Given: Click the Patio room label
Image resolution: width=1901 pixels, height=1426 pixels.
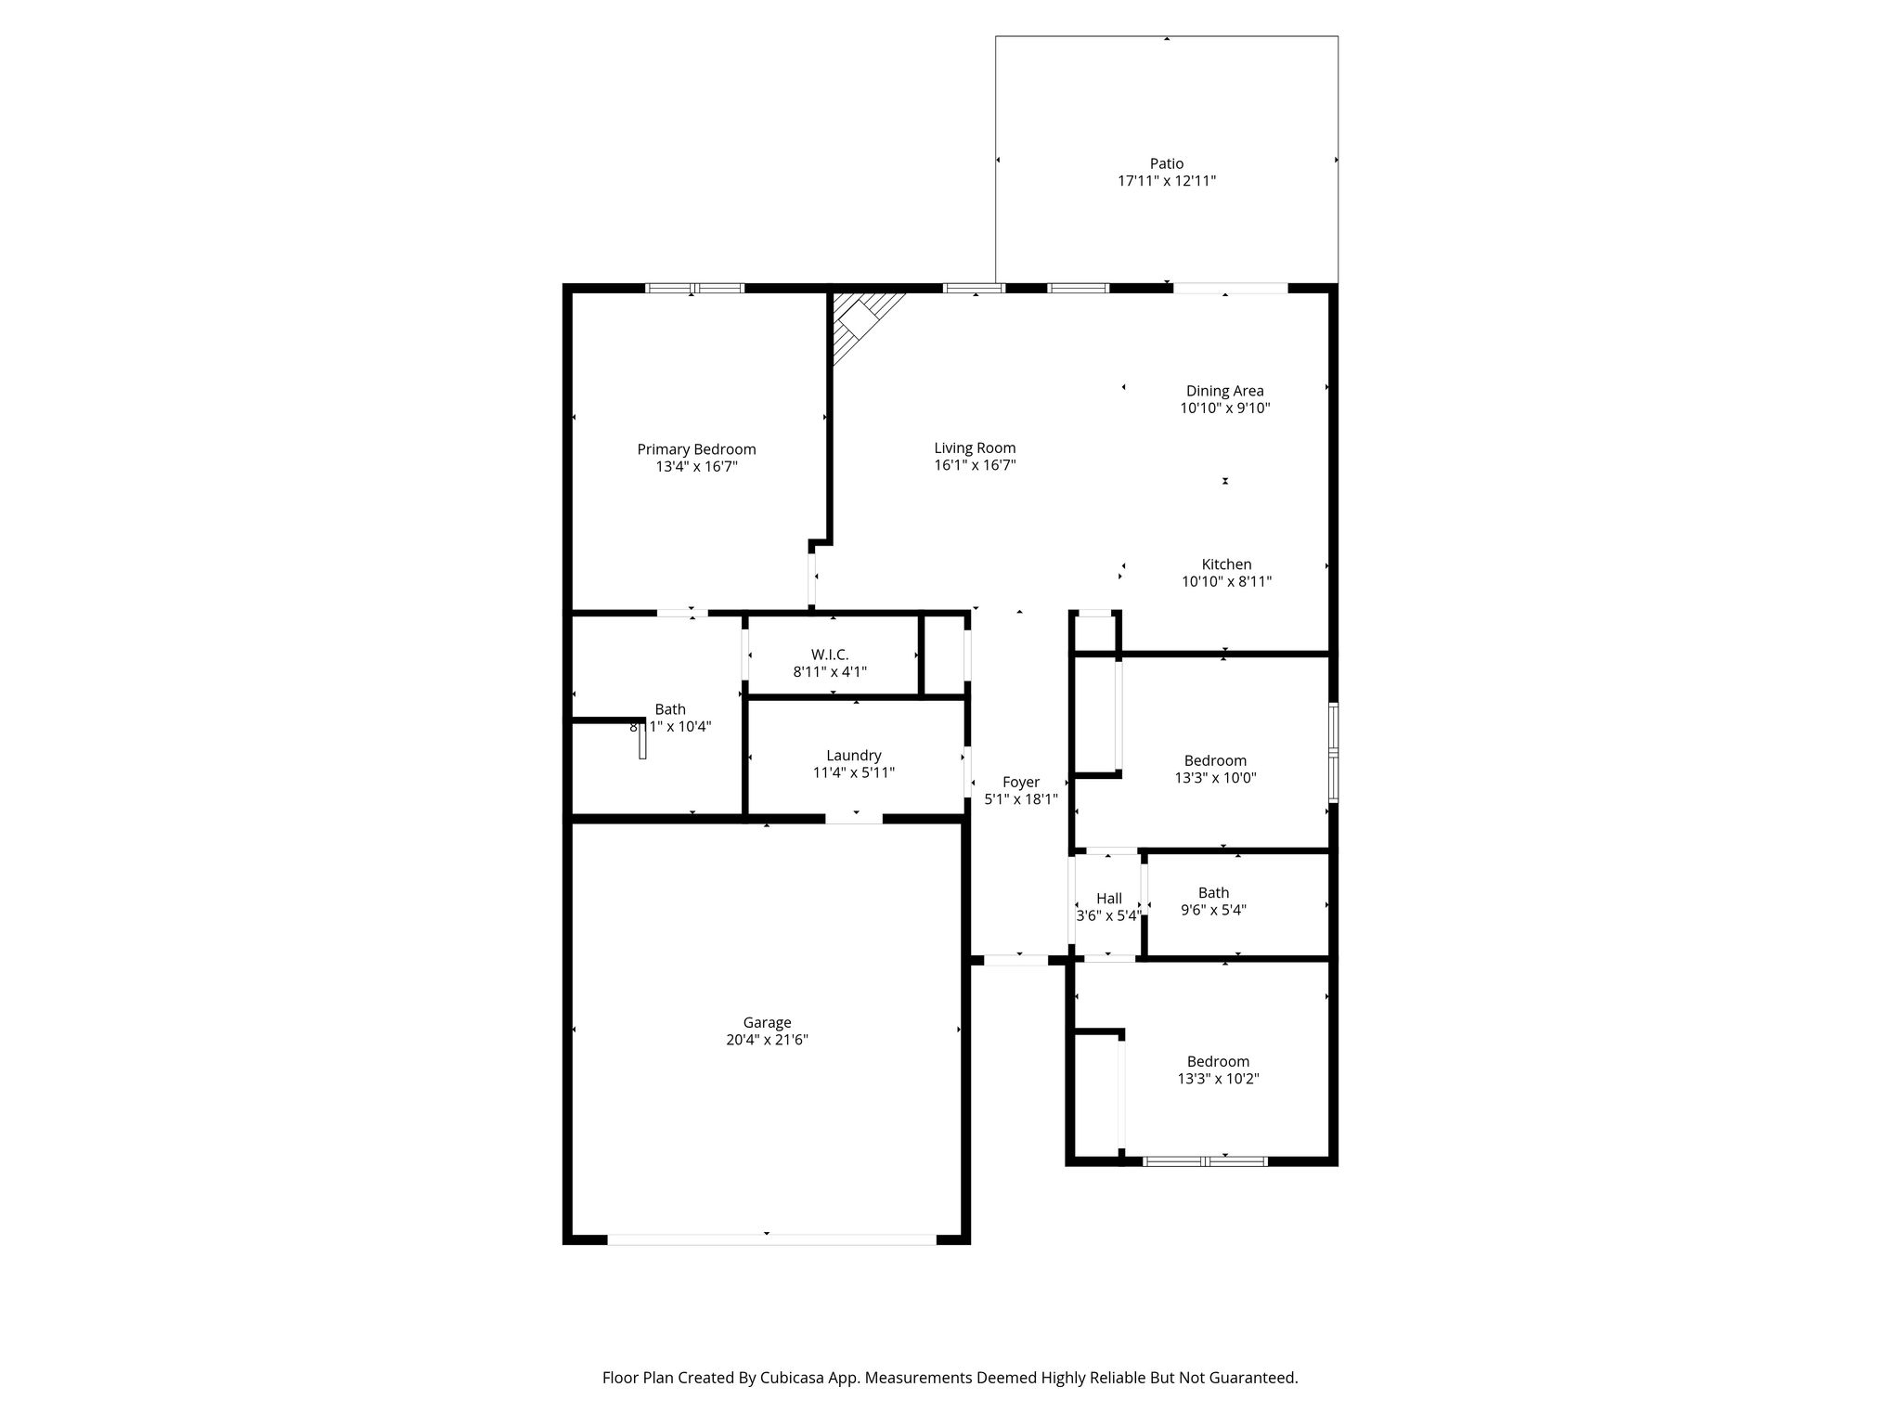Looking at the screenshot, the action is (1167, 163).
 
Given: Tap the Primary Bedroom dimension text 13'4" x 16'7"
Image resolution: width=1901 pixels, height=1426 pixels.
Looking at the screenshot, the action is (696, 466).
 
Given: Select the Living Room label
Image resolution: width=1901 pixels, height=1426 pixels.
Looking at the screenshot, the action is (975, 447).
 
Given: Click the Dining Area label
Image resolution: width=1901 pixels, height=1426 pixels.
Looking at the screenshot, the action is (1224, 391).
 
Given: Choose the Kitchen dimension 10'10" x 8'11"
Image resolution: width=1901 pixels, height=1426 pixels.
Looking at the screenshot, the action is (1226, 581).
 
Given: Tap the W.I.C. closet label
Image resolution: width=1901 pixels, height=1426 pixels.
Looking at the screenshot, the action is (830, 655).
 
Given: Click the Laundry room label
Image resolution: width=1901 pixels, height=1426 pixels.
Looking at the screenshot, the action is (854, 756).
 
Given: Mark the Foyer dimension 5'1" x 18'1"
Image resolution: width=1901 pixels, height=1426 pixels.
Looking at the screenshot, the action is (1021, 798).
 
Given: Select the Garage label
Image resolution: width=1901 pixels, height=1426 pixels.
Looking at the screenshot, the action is (767, 1023).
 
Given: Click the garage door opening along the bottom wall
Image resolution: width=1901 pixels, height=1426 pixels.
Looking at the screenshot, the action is (771, 1238).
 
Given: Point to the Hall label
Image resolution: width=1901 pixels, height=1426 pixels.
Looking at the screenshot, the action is (1109, 898).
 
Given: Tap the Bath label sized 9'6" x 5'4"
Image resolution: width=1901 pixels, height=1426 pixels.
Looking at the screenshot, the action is (1213, 892).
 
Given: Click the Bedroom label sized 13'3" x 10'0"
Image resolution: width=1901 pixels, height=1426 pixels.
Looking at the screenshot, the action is (1215, 760).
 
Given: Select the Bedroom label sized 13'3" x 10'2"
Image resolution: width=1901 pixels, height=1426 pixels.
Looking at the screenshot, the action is (1218, 1061).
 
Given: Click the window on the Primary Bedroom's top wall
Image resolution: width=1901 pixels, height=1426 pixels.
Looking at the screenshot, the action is (695, 288).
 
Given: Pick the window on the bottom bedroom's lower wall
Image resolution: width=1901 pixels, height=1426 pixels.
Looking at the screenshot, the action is (1205, 1160).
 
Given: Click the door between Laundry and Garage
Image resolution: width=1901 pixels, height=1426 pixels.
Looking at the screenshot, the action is (854, 818).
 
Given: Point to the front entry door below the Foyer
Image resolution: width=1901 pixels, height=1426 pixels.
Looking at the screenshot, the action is (1016, 960).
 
